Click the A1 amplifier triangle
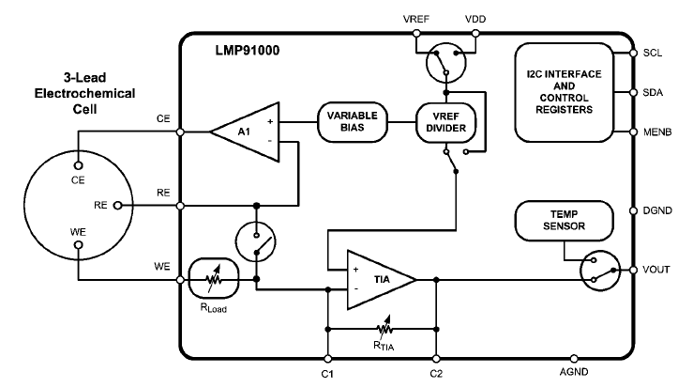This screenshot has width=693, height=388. click(x=242, y=131)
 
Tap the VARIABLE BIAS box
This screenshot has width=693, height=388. click(x=352, y=122)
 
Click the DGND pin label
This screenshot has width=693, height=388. click(x=658, y=210)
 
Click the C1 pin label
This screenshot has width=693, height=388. click(x=326, y=373)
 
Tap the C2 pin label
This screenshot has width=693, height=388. click(x=437, y=373)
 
